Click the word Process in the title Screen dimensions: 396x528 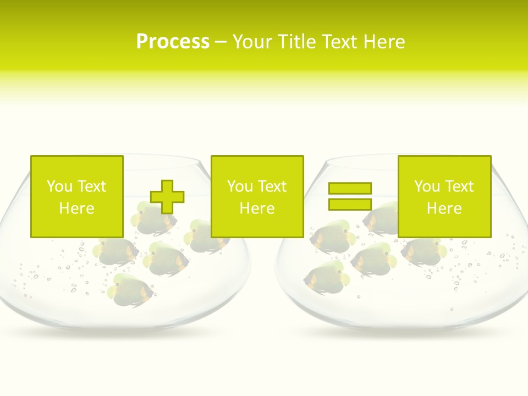(x=173, y=41)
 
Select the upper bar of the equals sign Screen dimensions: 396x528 (x=350, y=188)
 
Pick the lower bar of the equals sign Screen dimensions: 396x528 (x=350, y=204)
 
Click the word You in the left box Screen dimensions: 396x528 (x=59, y=186)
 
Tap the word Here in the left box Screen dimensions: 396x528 (x=76, y=208)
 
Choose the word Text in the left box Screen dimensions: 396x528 (x=91, y=186)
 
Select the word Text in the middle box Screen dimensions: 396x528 (x=272, y=186)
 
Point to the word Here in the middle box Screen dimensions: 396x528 (x=257, y=208)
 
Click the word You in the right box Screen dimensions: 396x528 (x=427, y=186)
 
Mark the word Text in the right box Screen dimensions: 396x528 (x=459, y=186)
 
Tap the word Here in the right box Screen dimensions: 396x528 (x=444, y=208)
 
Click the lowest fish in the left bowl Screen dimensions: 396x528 (x=131, y=288)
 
